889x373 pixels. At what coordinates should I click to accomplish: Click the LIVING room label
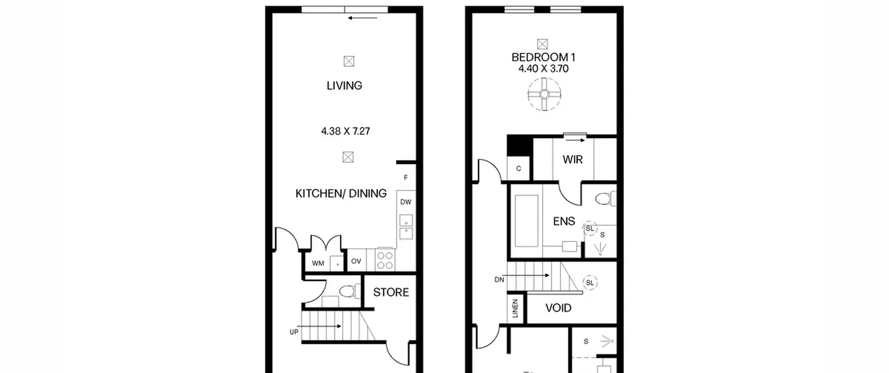click(344, 86)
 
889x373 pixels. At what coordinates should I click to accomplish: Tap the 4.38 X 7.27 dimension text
click(346, 131)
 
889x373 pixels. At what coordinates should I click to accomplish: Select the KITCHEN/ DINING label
click(341, 194)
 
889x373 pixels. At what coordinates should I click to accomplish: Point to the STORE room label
click(391, 293)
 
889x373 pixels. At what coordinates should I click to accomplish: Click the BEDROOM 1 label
click(544, 57)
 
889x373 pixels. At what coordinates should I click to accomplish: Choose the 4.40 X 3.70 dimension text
click(544, 69)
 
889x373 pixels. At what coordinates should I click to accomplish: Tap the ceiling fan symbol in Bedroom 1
click(544, 94)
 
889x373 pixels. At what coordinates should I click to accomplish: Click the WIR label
click(573, 160)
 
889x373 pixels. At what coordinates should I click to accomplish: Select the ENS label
click(564, 221)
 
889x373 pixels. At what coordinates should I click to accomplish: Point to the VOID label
click(558, 308)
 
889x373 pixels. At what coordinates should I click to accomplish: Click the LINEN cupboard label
click(515, 308)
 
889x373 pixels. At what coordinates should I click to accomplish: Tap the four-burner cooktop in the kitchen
click(385, 260)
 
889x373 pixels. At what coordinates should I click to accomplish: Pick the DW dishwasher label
click(406, 202)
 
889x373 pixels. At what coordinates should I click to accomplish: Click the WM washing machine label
click(318, 263)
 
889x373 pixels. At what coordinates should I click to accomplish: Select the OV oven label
click(356, 261)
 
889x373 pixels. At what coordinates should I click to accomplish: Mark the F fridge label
click(406, 178)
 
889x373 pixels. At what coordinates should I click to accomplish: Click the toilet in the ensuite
click(606, 199)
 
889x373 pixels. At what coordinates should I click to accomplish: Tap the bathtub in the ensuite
click(526, 221)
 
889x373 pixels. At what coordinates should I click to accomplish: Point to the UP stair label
click(294, 332)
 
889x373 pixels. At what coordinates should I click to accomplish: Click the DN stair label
click(499, 280)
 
